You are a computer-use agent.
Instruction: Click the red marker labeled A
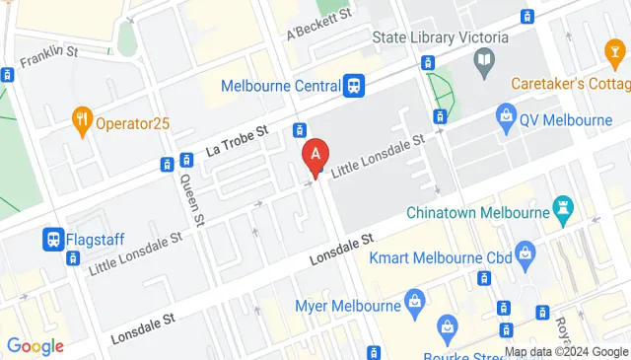tap(315, 155)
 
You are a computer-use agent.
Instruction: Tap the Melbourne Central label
tap(280, 86)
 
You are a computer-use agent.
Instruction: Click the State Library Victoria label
tap(440, 38)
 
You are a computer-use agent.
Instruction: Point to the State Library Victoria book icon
tap(483, 65)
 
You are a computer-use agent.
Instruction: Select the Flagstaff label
tap(97, 238)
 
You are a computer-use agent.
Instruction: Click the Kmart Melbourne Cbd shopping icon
tap(527, 256)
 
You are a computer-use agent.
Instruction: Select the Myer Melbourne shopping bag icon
tap(414, 299)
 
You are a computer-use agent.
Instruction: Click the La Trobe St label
tap(237, 142)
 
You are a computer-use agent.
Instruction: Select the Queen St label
tap(191, 197)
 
